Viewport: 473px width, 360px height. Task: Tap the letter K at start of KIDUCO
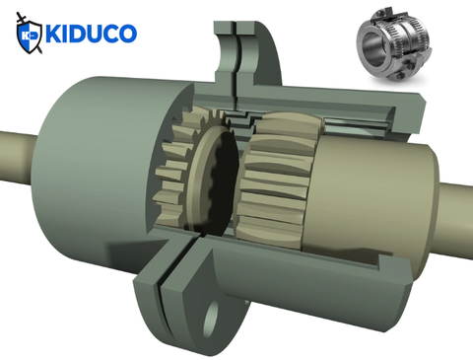[x=55, y=35]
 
